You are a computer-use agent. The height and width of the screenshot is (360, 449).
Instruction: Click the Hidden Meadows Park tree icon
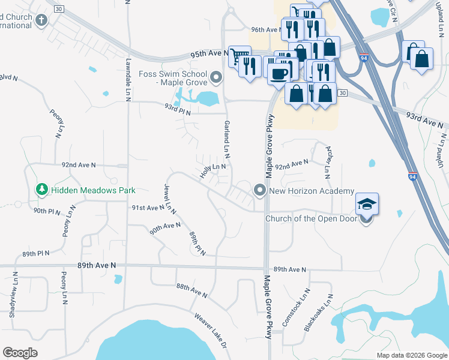(x=42, y=190)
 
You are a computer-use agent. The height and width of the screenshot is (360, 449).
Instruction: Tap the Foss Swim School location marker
(x=217, y=77)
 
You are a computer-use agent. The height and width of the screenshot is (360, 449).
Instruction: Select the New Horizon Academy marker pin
(x=260, y=191)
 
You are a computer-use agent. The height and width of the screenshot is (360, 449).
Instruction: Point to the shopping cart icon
(x=239, y=56)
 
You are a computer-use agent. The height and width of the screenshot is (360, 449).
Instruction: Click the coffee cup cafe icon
(x=279, y=73)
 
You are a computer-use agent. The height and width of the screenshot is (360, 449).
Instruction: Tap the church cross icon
(x=41, y=20)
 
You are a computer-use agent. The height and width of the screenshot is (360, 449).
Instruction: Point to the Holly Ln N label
(x=213, y=171)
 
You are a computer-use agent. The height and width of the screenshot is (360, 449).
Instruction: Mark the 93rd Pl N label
(x=178, y=109)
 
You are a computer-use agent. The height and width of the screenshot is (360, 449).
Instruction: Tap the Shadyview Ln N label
(x=13, y=293)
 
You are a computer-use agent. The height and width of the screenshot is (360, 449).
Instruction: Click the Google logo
(x=20, y=353)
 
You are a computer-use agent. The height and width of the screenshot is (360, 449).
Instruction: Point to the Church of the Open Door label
(x=311, y=218)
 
